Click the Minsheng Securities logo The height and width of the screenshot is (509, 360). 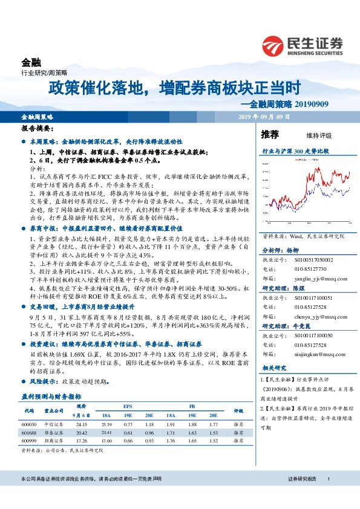[x=303, y=45]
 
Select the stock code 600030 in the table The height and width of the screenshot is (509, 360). [x=30, y=424]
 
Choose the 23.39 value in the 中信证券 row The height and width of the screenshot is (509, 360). [x=106, y=424]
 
